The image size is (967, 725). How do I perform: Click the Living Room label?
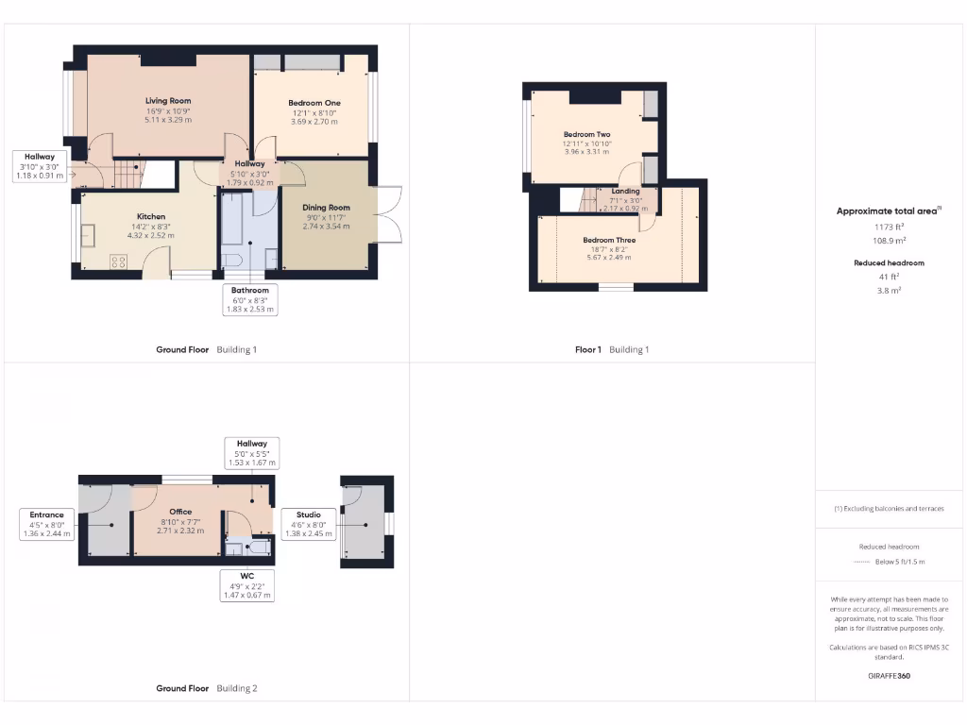168,101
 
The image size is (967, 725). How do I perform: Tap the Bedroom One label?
314,102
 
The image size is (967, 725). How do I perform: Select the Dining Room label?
326,208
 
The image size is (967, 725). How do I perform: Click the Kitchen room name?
151,216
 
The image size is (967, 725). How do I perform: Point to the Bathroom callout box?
250,299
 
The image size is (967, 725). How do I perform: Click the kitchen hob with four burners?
119,261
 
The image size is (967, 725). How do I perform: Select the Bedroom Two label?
586,134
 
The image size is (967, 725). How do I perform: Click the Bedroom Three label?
609,240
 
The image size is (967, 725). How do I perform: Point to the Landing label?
625,192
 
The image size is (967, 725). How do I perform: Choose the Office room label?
180,512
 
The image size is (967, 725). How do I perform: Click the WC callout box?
246,585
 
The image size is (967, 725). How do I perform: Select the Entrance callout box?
46,524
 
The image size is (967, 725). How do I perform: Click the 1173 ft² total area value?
889,227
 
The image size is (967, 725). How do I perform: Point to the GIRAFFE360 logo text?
889,676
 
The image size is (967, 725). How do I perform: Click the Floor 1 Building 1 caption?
612,349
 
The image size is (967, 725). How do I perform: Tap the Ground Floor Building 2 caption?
206,688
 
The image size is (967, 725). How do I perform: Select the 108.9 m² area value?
889,240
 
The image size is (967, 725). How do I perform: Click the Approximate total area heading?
889,211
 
